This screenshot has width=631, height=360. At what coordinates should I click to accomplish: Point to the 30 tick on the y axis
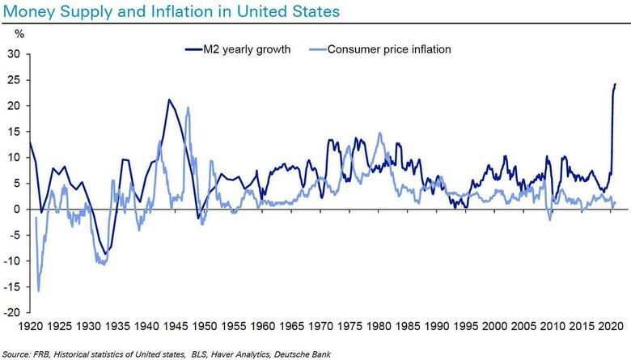[14, 54]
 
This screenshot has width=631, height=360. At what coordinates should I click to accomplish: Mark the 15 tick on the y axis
[14, 132]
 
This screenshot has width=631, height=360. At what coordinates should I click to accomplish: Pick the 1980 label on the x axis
[378, 327]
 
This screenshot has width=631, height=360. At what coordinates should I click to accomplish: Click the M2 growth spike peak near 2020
[615, 84]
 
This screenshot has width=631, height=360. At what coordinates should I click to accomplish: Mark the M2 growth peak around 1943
[168, 100]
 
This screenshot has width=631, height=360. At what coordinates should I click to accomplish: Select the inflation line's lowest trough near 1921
[38, 291]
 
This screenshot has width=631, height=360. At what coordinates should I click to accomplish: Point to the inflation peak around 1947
[188, 108]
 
